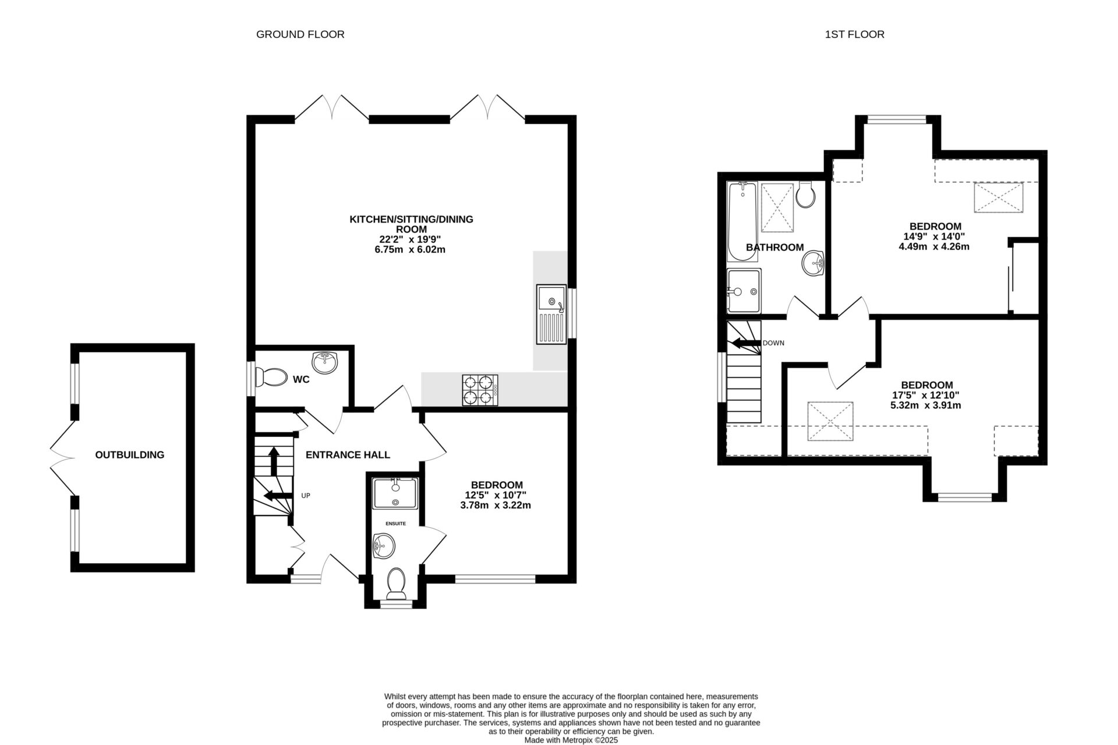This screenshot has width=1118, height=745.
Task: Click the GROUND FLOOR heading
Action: (x=300, y=34)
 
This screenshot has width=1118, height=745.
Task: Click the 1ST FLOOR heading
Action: (x=854, y=34)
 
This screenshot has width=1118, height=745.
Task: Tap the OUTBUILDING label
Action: (x=130, y=455)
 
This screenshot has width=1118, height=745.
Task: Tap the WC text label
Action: (x=301, y=380)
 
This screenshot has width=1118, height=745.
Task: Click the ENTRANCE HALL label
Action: (x=348, y=455)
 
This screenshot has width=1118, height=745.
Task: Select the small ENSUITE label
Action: (x=395, y=524)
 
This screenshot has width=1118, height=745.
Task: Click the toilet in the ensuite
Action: (x=397, y=582)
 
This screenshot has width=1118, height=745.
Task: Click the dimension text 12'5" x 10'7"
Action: (x=496, y=495)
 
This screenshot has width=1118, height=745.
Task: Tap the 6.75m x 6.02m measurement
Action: (x=411, y=250)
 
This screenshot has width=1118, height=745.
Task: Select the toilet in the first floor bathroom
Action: (x=806, y=195)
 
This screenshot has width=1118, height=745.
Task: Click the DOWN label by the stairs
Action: (x=773, y=343)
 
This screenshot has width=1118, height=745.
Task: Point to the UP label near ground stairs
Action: (x=306, y=496)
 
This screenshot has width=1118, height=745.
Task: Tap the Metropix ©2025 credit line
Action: (x=571, y=740)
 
